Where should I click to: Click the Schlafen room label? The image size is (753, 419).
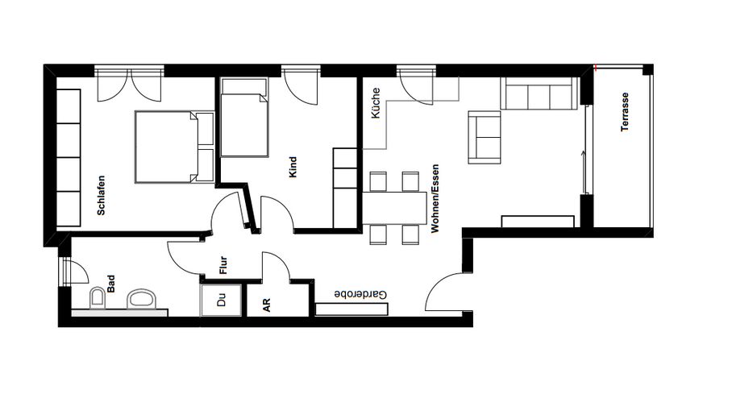(x=101, y=195)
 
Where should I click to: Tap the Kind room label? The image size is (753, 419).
(x=293, y=167)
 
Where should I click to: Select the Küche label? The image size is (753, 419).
(x=376, y=103)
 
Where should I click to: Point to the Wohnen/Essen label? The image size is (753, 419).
(x=435, y=199)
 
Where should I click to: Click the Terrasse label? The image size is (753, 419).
(x=624, y=112)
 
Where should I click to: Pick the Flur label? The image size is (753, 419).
(x=223, y=265)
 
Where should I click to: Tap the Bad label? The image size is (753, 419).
(x=111, y=284)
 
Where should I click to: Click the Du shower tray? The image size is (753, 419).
(x=221, y=300)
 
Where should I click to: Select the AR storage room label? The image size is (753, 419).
(x=267, y=305)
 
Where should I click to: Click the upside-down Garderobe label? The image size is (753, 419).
(x=360, y=294)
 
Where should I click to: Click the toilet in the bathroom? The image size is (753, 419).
(x=98, y=298)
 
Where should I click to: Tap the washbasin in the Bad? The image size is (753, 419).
(x=142, y=298)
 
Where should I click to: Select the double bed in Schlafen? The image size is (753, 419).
(x=174, y=147)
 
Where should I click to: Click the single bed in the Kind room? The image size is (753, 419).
(x=244, y=118)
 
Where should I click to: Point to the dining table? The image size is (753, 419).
(x=394, y=208)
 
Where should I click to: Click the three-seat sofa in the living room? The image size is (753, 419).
(x=539, y=93)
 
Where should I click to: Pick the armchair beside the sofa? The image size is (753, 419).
(x=485, y=137)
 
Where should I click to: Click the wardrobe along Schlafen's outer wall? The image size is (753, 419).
(x=69, y=158)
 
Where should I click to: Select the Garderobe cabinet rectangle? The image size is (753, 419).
(x=352, y=309)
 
